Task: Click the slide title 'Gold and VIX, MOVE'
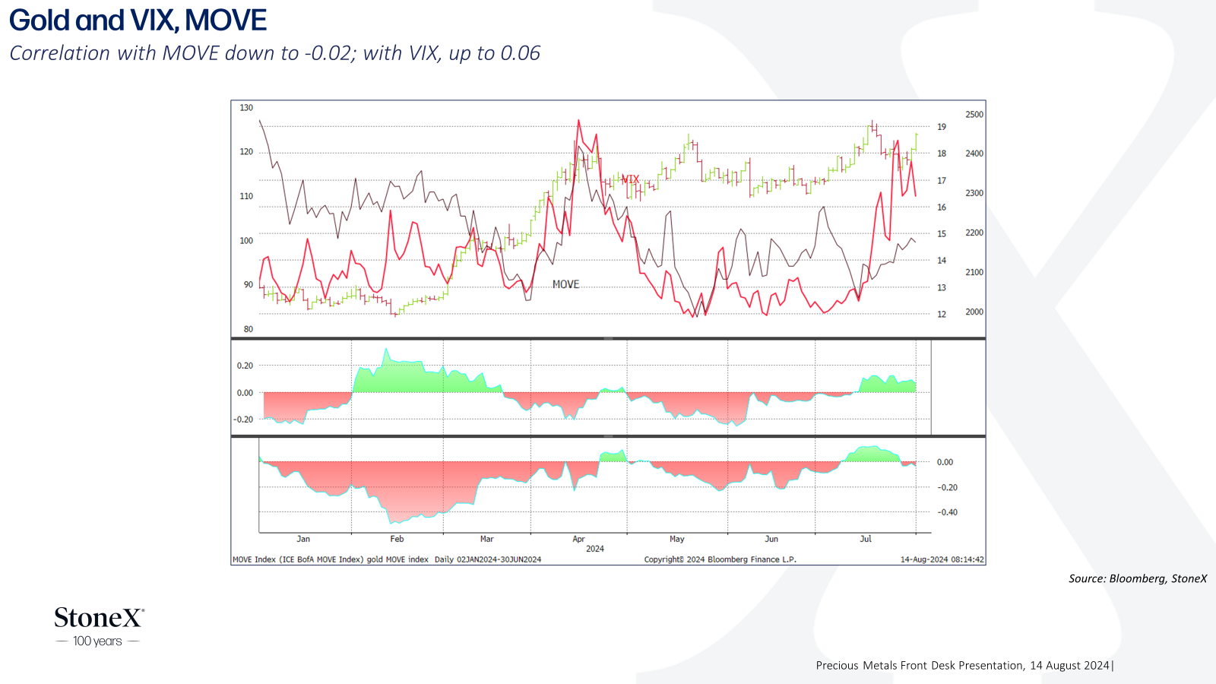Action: (x=138, y=21)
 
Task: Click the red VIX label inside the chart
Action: (x=630, y=179)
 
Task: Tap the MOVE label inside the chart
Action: (x=565, y=284)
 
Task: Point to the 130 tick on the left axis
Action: (x=246, y=108)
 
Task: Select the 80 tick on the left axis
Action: (x=248, y=329)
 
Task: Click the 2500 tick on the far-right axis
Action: (x=974, y=115)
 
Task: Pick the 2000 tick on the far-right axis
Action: (x=974, y=312)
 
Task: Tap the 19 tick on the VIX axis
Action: (x=942, y=127)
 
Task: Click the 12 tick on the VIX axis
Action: (x=942, y=315)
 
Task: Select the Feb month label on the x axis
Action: (x=397, y=539)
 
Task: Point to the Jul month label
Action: (x=866, y=539)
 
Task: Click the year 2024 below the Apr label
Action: (x=595, y=549)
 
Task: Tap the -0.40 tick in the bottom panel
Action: (x=947, y=512)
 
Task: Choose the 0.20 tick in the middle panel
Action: (x=245, y=366)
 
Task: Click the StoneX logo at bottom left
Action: (x=99, y=618)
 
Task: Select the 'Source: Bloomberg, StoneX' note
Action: (x=1138, y=578)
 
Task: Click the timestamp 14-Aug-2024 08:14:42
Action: (x=942, y=559)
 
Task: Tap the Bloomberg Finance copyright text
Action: (x=720, y=559)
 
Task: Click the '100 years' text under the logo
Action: (x=97, y=641)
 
